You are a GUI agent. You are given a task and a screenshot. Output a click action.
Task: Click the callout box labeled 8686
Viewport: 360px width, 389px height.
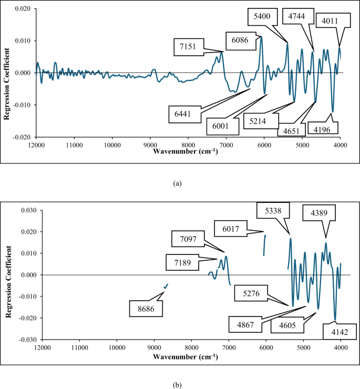(x=146, y=309)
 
